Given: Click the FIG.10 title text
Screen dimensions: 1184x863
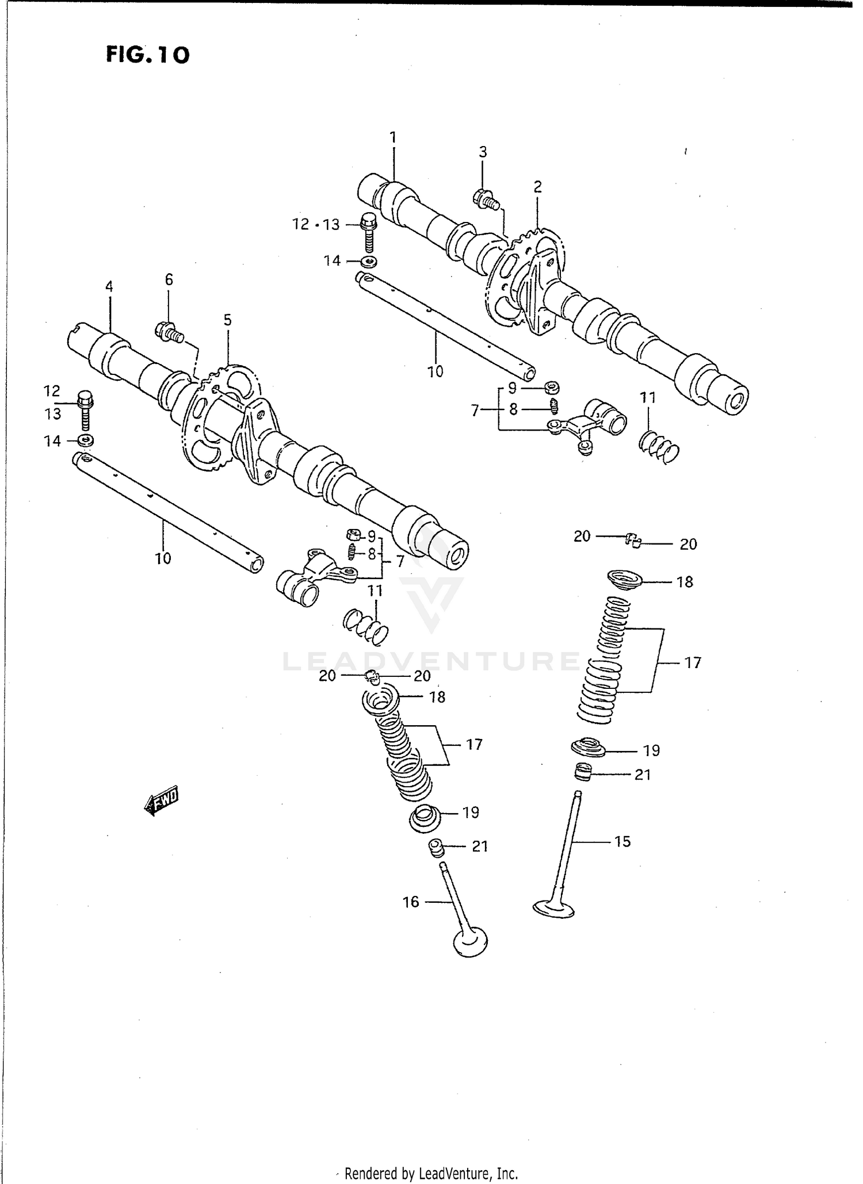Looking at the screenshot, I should [148, 55].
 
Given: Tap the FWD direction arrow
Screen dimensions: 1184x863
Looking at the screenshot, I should [162, 800].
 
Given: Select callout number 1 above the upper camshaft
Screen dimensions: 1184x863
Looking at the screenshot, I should [393, 137].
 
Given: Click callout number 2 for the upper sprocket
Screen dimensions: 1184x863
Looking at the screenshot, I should [537, 187].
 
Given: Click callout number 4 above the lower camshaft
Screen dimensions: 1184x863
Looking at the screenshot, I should [109, 286].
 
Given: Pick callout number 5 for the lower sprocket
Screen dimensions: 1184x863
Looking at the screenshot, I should [228, 320].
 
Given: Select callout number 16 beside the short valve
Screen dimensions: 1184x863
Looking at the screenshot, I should [411, 902].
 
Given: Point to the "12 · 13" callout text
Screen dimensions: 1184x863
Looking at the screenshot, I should [316, 224].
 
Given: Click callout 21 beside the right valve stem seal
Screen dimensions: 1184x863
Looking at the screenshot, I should [642, 775].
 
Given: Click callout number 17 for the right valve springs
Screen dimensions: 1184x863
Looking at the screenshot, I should [693, 662].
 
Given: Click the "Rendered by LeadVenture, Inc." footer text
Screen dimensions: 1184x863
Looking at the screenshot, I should [431, 1173].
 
